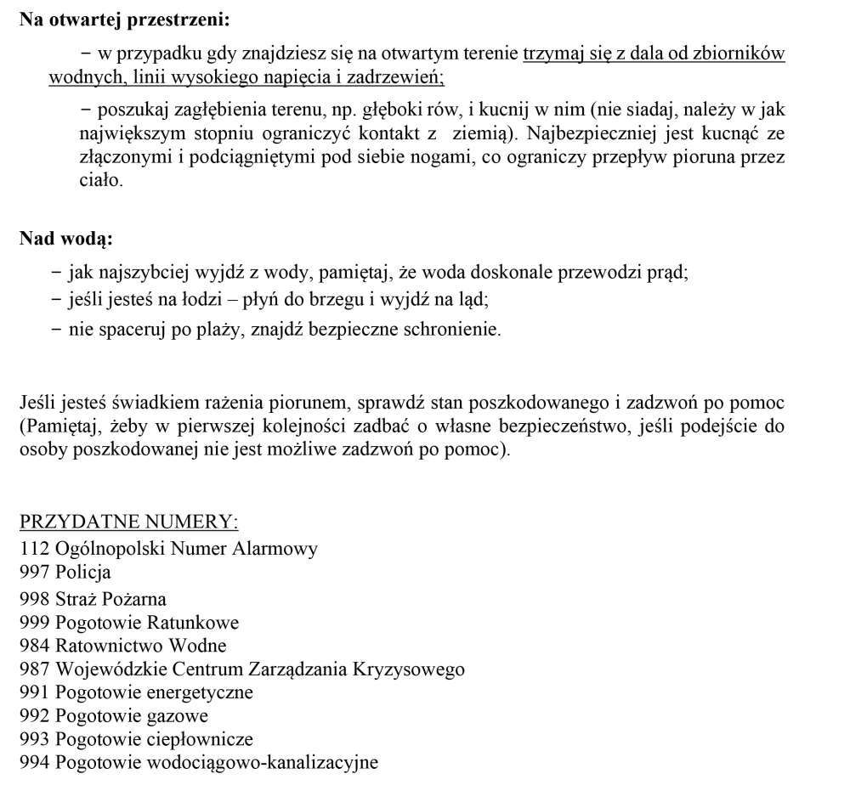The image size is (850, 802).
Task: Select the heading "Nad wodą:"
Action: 66,239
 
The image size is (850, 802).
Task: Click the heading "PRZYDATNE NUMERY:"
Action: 129,522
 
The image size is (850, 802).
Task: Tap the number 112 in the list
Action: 35,548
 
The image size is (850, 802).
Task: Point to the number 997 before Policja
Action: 35,573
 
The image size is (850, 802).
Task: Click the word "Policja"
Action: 83,573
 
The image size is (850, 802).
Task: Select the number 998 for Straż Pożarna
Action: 35,598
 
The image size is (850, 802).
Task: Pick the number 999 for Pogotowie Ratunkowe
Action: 35,623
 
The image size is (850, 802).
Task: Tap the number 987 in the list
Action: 35,669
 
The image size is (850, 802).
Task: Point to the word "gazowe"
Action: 177,716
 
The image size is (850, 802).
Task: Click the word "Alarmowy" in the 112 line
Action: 278,548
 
